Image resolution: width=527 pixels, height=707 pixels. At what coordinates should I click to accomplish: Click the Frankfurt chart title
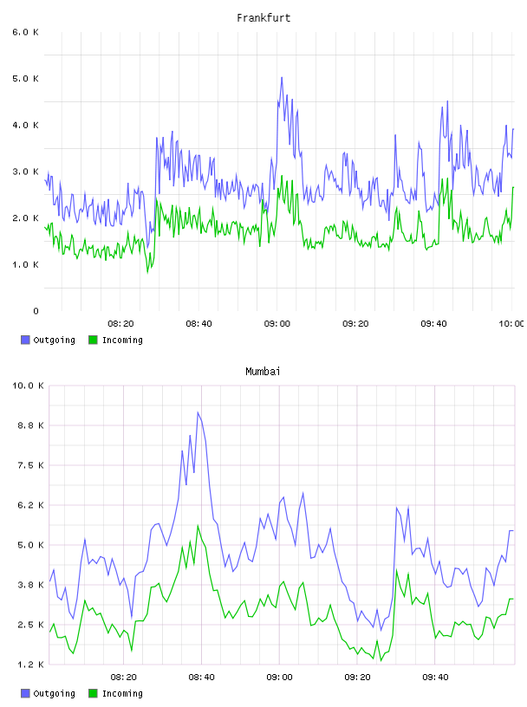[263, 18]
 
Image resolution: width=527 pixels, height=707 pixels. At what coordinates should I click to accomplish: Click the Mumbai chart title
[263, 372]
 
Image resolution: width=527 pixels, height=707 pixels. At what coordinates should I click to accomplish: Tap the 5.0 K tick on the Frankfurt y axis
[26, 79]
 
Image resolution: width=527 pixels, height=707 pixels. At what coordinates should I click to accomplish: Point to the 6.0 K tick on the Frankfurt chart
[26, 32]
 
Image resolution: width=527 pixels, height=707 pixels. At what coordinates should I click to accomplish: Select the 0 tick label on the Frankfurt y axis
[36, 311]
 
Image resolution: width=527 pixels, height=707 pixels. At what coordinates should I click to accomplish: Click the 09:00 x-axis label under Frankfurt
[277, 324]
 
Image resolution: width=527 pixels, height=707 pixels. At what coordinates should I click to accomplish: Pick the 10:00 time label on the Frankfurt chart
[511, 324]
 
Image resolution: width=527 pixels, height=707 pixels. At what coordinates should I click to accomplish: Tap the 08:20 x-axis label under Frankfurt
[120, 324]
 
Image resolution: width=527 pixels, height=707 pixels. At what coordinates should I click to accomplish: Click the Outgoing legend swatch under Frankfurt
[25, 340]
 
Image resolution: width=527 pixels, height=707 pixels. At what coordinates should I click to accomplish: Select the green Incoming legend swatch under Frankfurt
[93, 340]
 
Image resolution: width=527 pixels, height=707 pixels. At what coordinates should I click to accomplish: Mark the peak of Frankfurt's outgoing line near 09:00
[282, 78]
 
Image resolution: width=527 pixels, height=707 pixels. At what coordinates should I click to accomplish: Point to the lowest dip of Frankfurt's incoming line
[147, 272]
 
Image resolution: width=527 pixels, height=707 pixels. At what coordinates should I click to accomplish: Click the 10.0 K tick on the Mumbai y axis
[28, 386]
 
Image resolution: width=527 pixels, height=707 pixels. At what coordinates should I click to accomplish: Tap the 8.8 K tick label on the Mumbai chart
[30, 425]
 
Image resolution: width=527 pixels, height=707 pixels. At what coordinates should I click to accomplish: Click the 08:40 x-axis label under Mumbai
[201, 678]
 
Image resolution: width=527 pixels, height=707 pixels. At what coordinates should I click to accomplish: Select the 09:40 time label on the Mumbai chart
[435, 678]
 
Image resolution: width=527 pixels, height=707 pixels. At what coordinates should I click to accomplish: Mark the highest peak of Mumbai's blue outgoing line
[198, 412]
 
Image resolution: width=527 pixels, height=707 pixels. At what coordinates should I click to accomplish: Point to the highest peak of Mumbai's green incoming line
[198, 525]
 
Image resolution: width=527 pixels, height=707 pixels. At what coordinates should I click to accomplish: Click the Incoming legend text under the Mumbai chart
[122, 693]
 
